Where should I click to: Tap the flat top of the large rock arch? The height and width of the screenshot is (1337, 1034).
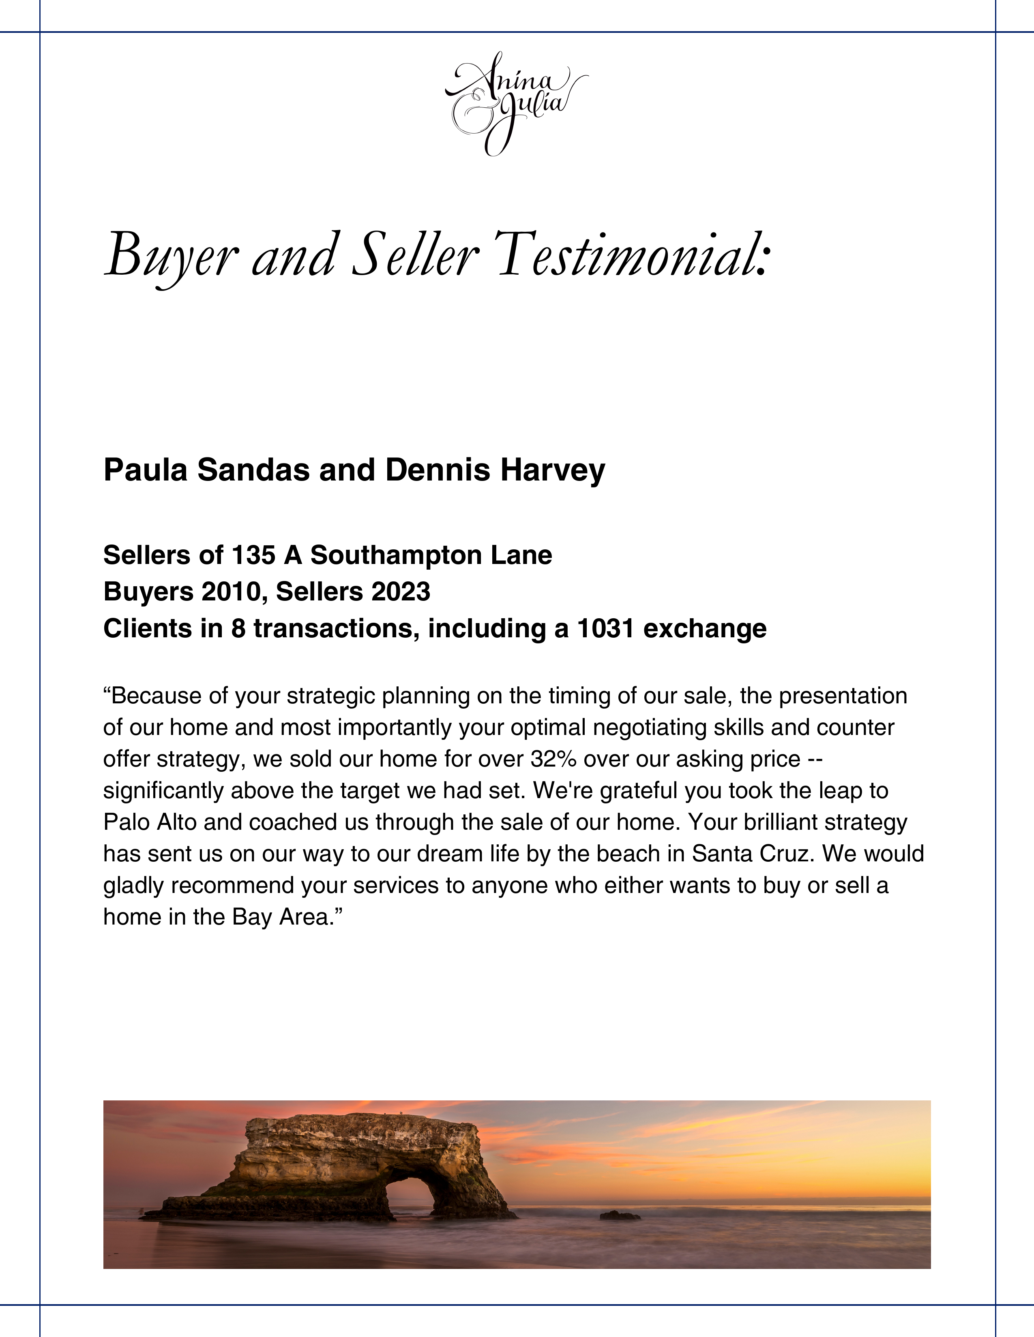tap(361, 1121)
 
